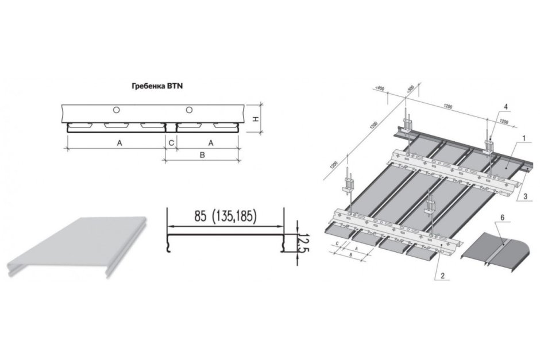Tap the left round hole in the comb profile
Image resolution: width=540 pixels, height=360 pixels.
(x=117, y=110)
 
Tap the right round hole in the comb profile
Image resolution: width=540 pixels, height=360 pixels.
(x=188, y=110)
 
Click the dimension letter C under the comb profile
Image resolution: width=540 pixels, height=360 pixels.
(x=171, y=142)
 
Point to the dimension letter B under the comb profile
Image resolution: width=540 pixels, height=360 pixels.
(x=202, y=154)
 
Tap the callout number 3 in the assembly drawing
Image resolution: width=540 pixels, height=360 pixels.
(x=525, y=196)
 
